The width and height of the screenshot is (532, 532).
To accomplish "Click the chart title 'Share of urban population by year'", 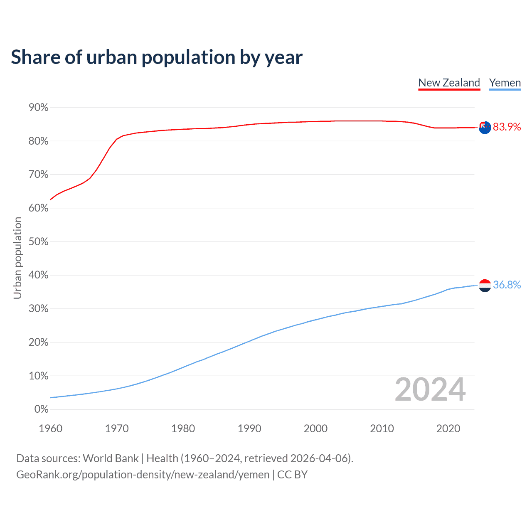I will (x=157, y=57).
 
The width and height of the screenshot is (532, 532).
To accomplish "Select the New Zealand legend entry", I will (x=449, y=83).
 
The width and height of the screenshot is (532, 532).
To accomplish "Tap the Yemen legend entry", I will (x=505, y=83).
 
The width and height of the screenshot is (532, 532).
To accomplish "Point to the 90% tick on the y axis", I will (x=39, y=108).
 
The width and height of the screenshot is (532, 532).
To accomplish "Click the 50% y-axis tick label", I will (x=39, y=242).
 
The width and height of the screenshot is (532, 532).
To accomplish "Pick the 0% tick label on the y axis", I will (x=42, y=409).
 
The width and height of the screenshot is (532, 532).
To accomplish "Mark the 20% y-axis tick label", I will (x=39, y=342).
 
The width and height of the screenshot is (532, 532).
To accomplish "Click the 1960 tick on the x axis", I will (x=50, y=429).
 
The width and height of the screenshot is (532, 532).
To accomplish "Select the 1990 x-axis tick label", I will (x=249, y=429).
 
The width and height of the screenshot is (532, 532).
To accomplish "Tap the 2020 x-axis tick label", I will (x=448, y=429).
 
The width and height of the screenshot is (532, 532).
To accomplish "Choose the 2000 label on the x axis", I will (x=315, y=429).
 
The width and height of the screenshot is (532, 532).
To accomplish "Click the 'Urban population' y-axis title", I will (x=17, y=258).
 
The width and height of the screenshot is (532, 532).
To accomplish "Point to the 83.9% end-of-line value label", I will (x=507, y=127).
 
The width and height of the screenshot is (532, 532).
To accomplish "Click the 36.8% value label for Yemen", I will (x=507, y=285).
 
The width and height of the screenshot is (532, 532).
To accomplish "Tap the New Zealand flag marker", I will (x=485, y=128).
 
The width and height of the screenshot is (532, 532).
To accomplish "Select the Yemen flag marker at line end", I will (x=485, y=286).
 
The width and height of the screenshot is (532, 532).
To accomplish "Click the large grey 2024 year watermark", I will (x=430, y=390).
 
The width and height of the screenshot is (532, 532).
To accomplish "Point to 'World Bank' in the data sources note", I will (x=111, y=458).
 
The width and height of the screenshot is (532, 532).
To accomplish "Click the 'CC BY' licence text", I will (x=292, y=475).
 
